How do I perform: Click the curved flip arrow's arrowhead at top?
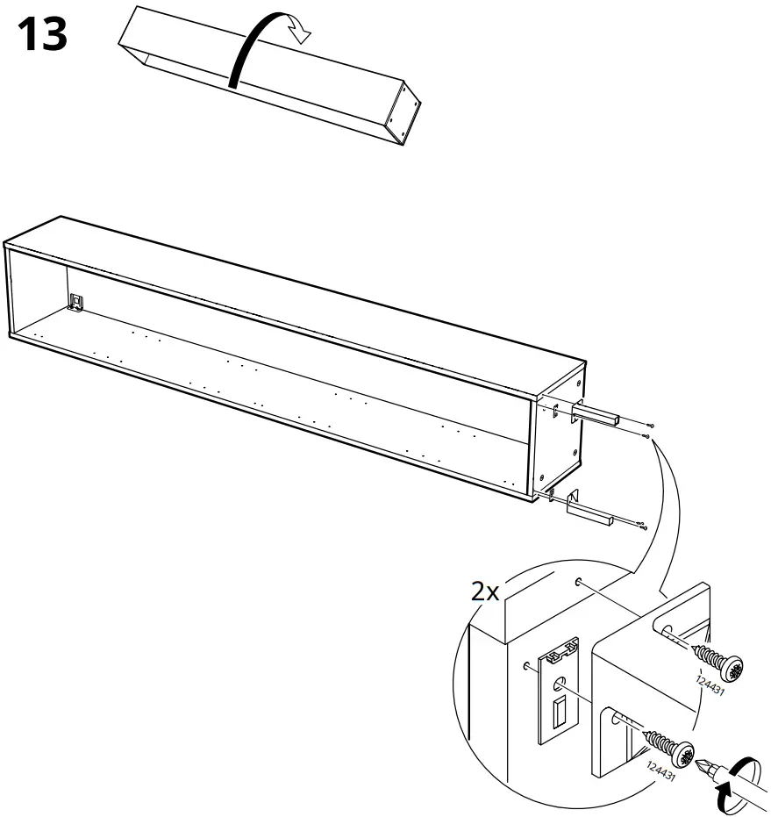tap(302, 32)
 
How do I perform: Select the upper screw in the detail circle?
tap(717, 661)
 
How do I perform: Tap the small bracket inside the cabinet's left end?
tap(77, 301)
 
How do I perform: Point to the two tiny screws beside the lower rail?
tap(642, 524)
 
